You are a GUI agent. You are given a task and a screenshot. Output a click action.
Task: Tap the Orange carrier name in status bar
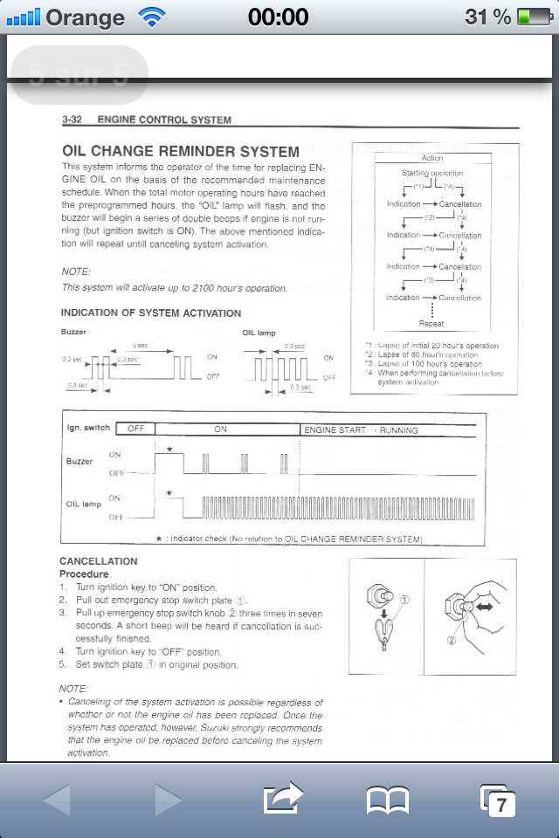[x=85, y=17]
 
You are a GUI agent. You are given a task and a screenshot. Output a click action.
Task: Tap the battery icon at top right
[x=533, y=17]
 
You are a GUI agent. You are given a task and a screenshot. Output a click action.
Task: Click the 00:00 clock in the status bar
[x=279, y=17]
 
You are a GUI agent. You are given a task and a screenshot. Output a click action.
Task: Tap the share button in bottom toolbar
[x=283, y=798]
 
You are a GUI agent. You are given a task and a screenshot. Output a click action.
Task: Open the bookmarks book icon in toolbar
[x=387, y=799]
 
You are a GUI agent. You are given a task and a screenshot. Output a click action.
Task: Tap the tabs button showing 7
[x=498, y=799]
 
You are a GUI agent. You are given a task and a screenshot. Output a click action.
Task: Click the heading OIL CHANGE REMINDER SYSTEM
[x=181, y=151]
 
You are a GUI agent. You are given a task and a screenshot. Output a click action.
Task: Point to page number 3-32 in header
[x=72, y=120]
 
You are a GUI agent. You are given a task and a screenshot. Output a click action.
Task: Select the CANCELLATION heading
[x=98, y=561]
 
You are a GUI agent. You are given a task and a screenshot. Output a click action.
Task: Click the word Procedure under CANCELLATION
[x=84, y=574]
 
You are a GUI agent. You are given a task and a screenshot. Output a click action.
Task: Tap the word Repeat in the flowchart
[x=431, y=324]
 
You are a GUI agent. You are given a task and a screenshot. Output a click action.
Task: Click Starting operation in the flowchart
[x=432, y=173]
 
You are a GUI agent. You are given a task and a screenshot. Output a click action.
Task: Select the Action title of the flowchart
[x=432, y=158]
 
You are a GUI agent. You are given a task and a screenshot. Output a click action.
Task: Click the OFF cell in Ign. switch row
[x=135, y=429]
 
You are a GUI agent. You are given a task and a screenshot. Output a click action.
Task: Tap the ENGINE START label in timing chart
[x=335, y=430]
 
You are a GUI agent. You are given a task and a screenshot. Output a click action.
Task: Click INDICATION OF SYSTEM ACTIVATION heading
[x=151, y=313]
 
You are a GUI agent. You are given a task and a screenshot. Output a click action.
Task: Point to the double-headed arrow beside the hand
[x=486, y=604]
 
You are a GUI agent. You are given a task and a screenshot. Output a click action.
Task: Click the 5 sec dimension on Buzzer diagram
[x=140, y=346]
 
